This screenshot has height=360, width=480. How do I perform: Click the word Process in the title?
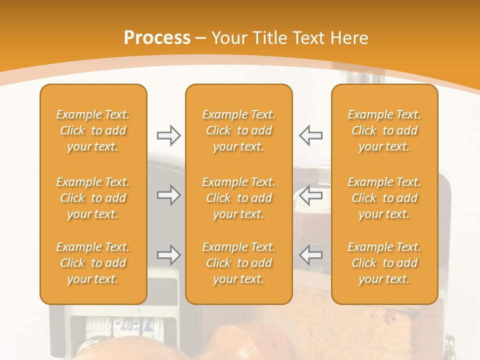point(157,38)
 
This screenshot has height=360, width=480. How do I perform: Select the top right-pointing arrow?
point(168,135)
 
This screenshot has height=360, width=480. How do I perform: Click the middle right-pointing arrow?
point(168,195)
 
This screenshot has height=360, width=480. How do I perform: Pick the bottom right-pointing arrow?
point(168,255)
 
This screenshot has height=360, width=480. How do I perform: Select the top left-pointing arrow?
point(311,135)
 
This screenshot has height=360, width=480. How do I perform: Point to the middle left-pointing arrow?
point(311,195)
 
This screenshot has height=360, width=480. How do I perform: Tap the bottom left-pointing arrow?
point(311,255)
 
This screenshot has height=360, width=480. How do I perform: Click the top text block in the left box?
point(93,130)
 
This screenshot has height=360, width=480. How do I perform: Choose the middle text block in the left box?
point(93,198)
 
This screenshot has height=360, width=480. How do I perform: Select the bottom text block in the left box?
point(93,263)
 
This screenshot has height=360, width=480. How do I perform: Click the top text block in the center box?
point(239,130)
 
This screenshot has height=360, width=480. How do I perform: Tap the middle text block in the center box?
point(239,198)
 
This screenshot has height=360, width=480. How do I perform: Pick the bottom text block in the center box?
point(239,263)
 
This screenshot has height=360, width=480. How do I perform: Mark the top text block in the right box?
point(384,130)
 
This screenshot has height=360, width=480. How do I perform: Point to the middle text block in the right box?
point(384,198)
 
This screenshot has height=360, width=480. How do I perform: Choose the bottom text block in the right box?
point(384,263)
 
